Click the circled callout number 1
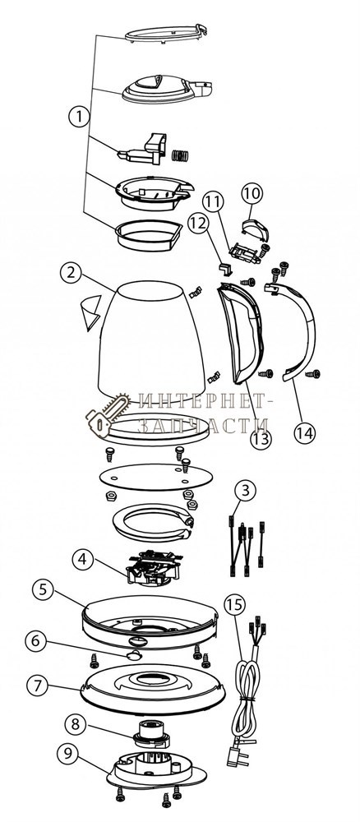pyautogui.click(x=79, y=116)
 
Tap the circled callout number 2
pyautogui.click(x=71, y=273)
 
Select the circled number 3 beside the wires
pyautogui.click(x=245, y=492)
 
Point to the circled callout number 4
pyautogui.click(x=82, y=559)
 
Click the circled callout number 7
pyautogui.click(x=38, y=686)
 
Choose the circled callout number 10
pyautogui.click(x=252, y=193)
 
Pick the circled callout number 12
pyautogui.click(x=199, y=223)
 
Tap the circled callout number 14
pyautogui.click(x=305, y=432)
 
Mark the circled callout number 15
pyautogui.click(x=234, y=604)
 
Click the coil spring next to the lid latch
pyautogui.click(x=181, y=155)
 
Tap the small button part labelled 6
pyautogui.click(x=133, y=655)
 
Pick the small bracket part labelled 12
pyautogui.click(x=225, y=269)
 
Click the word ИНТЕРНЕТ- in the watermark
pyautogui.click(x=207, y=402)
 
